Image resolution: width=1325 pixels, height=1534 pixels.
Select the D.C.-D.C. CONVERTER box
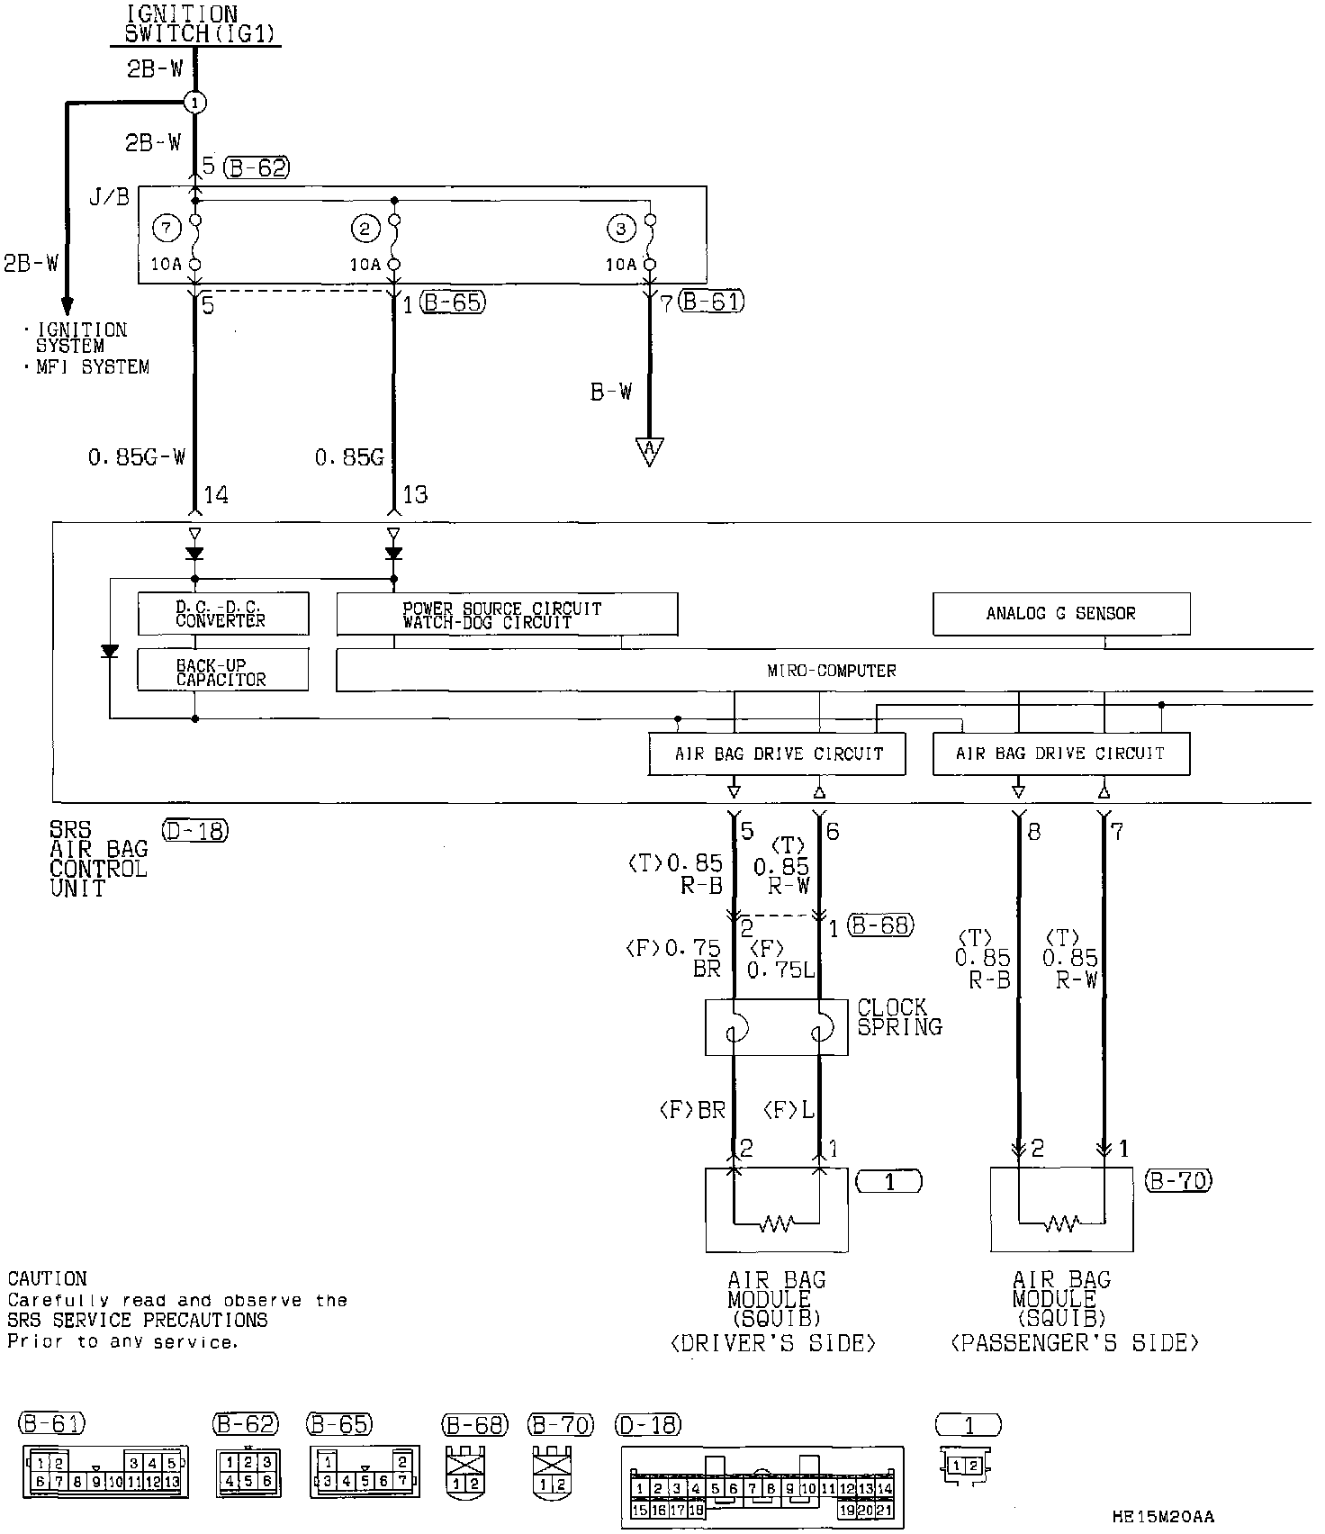pyautogui.click(x=222, y=613)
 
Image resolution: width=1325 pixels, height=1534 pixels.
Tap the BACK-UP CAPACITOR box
pyautogui.click(x=222, y=672)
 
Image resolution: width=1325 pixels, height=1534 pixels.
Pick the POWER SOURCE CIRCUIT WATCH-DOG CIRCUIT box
pyautogui.click(x=507, y=614)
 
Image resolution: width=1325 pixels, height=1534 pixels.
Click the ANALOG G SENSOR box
pyautogui.click(x=1060, y=614)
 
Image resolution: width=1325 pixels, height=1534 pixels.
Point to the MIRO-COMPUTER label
pyautogui.click(x=831, y=671)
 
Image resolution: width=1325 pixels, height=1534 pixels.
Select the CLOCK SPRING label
pyautogui.click(x=898, y=1017)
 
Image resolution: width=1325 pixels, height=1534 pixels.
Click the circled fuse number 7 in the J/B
pyautogui.click(x=167, y=229)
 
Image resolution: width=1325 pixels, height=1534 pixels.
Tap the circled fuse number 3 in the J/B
pyautogui.click(x=620, y=229)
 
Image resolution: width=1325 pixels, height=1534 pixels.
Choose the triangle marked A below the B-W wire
pyautogui.click(x=648, y=450)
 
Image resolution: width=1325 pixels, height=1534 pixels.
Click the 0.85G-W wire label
pyautogui.click(x=137, y=457)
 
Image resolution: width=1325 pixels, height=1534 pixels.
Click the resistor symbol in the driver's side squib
pyautogui.click(x=776, y=1223)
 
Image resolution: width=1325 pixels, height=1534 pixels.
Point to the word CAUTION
pyautogui.click(x=47, y=1279)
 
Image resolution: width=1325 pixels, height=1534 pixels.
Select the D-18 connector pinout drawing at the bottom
pyautogui.click(x=762, y=1486)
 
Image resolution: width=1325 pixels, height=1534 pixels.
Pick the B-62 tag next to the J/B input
pyautogui.click(x=257, y=167)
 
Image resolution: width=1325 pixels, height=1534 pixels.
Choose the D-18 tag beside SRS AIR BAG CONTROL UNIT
pyautogui.click(x=195, y=830)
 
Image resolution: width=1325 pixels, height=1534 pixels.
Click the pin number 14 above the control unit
pyautogui.click(x=216, y=494)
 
